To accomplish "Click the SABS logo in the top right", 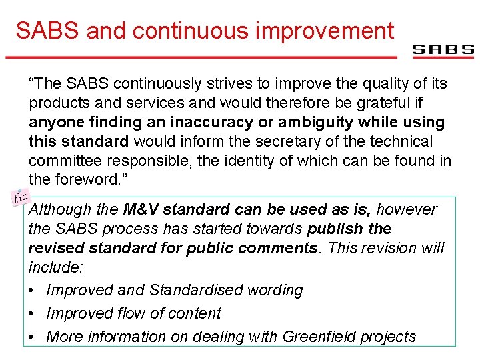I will tap(443, 50).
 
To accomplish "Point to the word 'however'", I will tap(406, 209).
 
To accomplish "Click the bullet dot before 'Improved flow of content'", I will tap(33, 314).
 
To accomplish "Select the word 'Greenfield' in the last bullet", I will tap(319, 337).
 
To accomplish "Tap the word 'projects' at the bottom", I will tap(389, 337).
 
